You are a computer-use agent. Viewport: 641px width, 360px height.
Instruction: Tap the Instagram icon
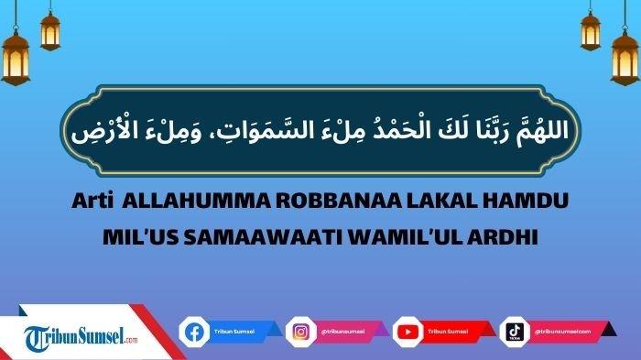[x=300, y=331]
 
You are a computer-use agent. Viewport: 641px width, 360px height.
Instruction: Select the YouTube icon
[x=407, y=331]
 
